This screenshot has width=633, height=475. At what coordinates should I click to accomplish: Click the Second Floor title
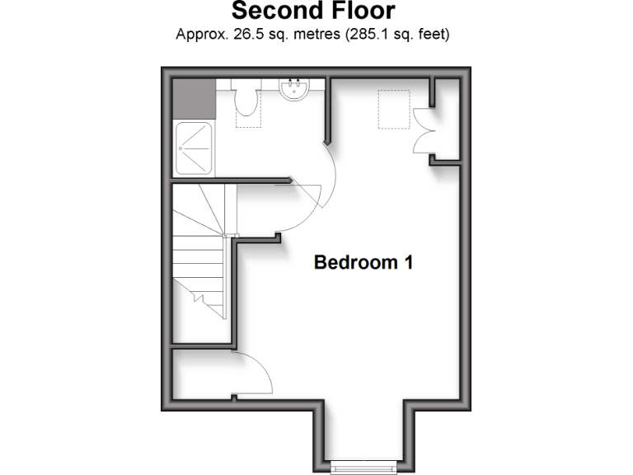312,12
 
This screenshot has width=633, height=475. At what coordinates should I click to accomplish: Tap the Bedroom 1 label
363,263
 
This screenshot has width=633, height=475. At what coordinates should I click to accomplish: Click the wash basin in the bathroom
294,89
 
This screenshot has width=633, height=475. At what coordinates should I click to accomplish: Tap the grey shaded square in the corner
193,98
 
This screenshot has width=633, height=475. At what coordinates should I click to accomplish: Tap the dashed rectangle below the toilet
246,119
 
